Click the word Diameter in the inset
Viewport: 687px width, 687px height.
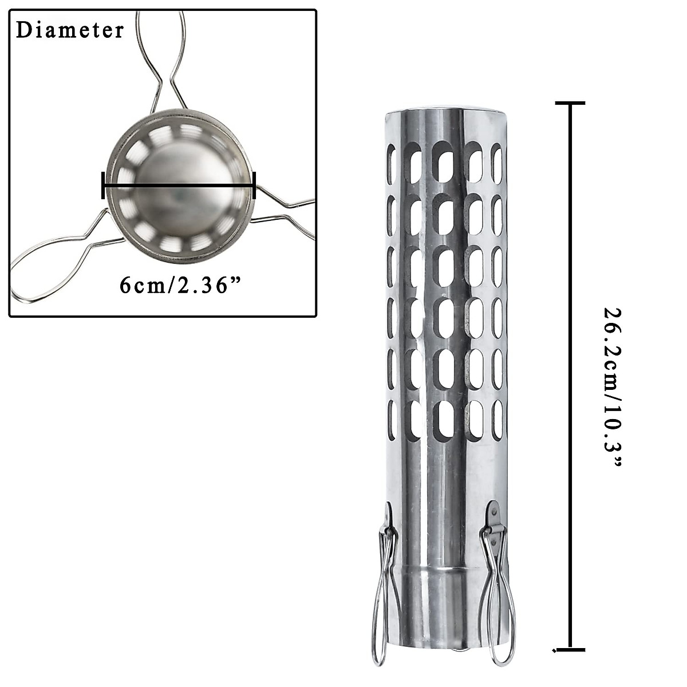click(x=70, y=30)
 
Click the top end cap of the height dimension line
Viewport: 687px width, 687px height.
click(x=570, y=103)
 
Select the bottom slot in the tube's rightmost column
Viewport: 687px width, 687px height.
click(x=498, y=420)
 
